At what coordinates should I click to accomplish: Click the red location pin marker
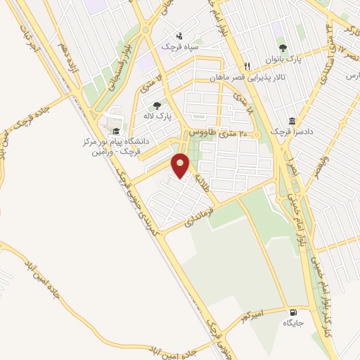click(181, 166)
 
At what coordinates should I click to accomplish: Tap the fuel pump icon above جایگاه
click(292, 312)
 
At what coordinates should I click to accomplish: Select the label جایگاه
click(292, 323)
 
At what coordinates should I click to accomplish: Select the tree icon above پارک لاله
click(167, 105)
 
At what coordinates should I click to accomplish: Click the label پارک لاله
click(163, 115)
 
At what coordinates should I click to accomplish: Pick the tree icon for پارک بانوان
click(282, 48)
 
